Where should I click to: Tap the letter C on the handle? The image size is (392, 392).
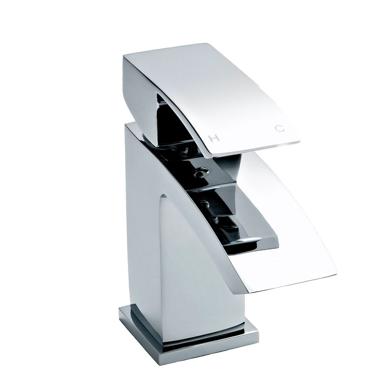coord(280,129)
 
